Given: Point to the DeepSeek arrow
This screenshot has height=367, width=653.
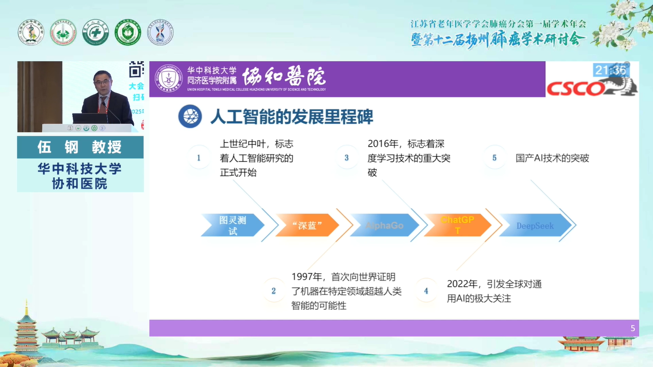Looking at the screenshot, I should click(x=535, y=226).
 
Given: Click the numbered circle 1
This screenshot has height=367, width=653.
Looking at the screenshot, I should click(x=199, y=158).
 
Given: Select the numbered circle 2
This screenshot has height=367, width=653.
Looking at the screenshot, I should click(x=273, y=291).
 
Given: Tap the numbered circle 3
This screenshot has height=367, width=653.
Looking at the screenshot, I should click(x=347, y=158).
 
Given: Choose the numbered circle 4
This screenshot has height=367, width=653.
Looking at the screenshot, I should click(x=426, y=291).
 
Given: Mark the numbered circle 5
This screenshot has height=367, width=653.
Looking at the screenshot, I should click(x=494, y=158).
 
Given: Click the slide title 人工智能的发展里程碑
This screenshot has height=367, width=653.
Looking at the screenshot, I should click(x=292, y=117).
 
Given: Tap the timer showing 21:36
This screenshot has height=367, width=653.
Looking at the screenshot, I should click(x=610, y=71).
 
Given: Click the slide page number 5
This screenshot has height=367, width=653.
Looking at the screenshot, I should click(x=633, y=328).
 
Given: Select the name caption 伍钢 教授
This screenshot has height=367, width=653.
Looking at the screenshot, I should click(x=80, y=147).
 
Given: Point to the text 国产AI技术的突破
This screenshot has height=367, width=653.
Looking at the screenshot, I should click(x=552, y=158).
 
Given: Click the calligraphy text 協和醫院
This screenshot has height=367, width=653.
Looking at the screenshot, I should click(x=283, y=76).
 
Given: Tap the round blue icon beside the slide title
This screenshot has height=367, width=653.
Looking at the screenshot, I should click(x=190, y=117).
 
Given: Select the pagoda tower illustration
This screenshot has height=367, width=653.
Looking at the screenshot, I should click(x=26, y=330).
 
